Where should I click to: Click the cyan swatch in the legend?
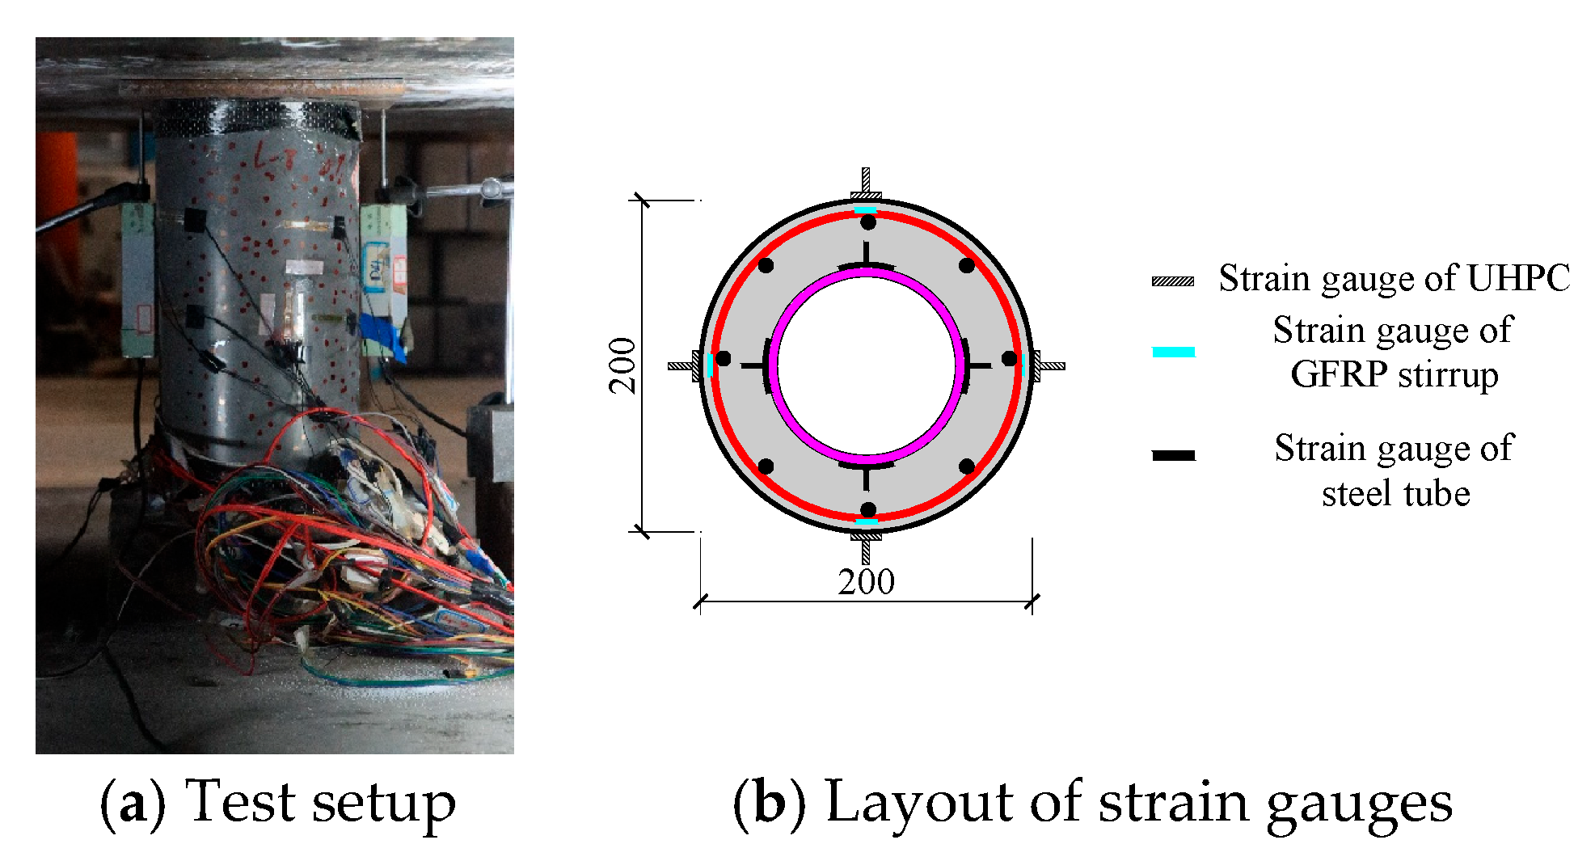click(1173, 352)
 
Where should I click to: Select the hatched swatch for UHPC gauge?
click(1173, 281)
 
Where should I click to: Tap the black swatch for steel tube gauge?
click(1173, 455)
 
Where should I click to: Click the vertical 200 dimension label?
click(622, 365)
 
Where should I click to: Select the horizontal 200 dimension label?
click(866, 582)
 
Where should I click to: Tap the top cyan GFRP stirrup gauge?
click(866, 210)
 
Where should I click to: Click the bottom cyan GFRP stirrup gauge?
click(867, 522)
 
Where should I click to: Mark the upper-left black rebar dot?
click(766, 265)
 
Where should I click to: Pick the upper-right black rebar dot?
click(967, 265)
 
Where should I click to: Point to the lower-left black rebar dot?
click(766, 466)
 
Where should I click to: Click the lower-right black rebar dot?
click(967, 466)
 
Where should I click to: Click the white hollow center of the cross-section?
click(866, 365)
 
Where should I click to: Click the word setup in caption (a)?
click(384, 803)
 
